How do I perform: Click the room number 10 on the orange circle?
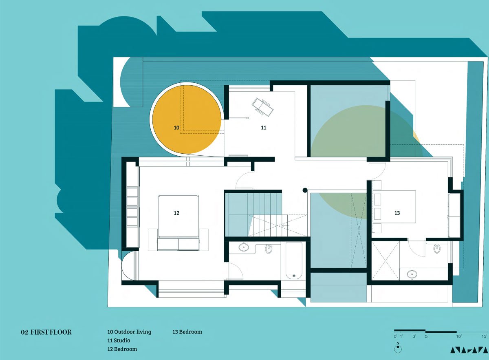coord(176,128)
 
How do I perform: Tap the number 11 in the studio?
coord(264,128)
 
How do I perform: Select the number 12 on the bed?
coord(176,213)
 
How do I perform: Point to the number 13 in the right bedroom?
coord(397,213)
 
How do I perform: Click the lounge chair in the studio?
coord(262,107)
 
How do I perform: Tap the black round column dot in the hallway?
coord(305,190)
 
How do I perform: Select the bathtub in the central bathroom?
coord(294,261)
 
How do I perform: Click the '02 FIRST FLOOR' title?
coord(46,332)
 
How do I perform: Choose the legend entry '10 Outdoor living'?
coord(129,332)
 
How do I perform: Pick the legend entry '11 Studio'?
coord(119,340)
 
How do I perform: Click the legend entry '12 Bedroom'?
coord(122,349)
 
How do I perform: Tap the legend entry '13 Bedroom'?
coord(187,332)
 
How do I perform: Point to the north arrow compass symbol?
coord(398,349)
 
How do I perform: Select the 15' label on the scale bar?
coord(485,337)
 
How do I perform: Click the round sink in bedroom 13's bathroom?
coord(412,274)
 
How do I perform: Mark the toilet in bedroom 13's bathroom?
coord(437,249)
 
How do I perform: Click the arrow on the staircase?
coord(286,225)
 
